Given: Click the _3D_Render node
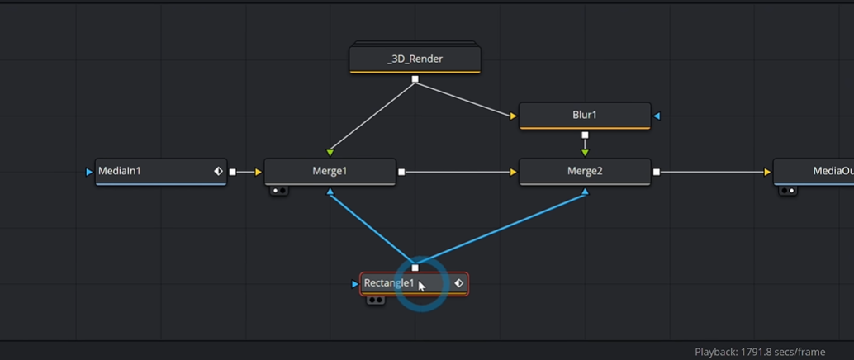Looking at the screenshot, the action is click(415, 59).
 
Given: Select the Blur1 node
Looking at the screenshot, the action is click(585, 116).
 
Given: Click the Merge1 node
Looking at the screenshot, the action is click(330, 172).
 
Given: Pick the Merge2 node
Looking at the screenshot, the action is click(585, 172).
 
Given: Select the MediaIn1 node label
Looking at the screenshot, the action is click(119, 171).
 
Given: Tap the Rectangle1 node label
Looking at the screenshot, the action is click(389, 283).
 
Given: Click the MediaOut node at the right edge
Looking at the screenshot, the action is click(814, 172).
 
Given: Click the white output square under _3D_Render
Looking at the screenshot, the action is click(415, 79).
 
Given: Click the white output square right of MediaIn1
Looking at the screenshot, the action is click(233, 172).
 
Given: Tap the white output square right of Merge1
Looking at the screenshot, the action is click(401, 172).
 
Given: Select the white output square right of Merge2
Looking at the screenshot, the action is click(657, 172).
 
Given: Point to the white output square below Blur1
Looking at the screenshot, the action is click(585, 135).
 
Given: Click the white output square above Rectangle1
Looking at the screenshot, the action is click(415, 268).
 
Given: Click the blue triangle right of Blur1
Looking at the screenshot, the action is click(657, 116).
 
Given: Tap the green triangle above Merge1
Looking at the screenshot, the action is click(330, 153).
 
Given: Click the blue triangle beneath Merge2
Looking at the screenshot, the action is click(585, 192).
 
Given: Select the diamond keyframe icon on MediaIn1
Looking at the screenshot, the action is click(218, 172).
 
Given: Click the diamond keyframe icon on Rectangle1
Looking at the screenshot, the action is click(458, 283).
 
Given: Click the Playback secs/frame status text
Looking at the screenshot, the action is click(760, 353).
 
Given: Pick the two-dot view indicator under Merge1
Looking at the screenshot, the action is click(279, 191).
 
